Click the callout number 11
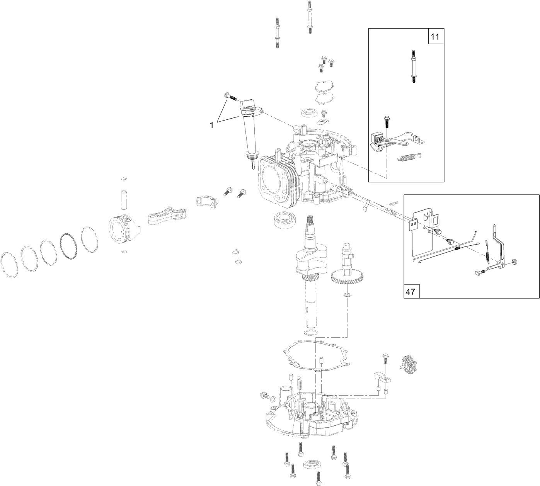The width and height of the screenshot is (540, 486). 435,37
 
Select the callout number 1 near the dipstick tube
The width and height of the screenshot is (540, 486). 211,125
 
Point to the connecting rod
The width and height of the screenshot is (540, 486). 166,217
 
